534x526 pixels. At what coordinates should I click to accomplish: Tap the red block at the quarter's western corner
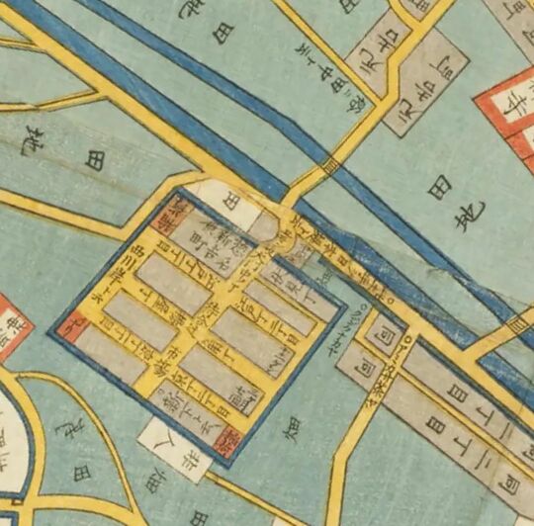70,320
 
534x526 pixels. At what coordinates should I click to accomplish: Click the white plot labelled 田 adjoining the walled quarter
219,199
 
